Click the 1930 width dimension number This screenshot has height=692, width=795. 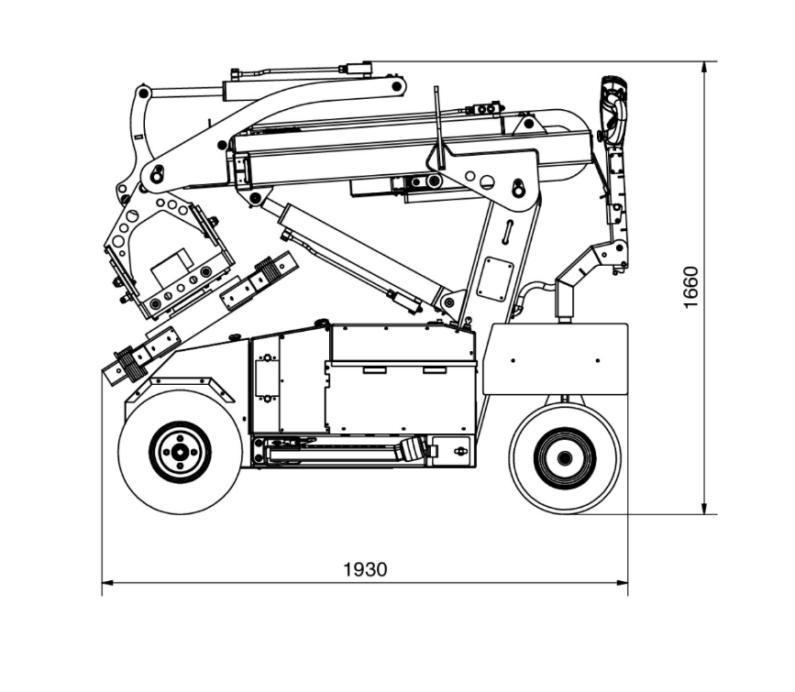(x=365, y=569)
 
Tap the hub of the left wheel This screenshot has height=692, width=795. (x=180, y=451)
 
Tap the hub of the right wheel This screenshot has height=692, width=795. (x=563, y=456)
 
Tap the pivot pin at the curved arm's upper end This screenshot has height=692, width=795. (x=397, y=86)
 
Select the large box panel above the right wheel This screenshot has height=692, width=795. (x=555, y=357)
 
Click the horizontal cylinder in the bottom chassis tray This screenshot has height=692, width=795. (x=348, y=451)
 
